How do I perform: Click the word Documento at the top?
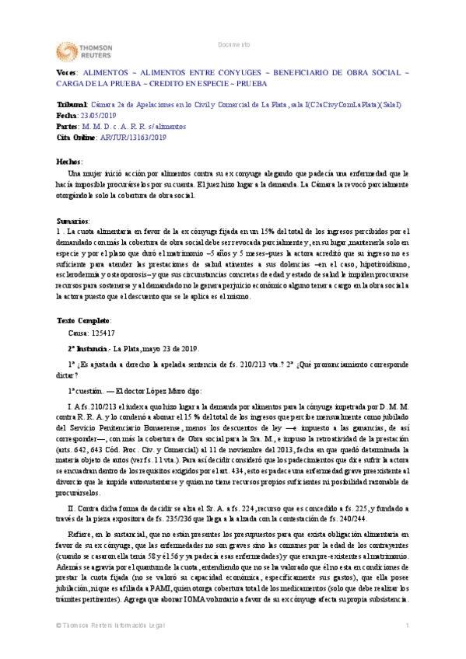(x=233, y=44)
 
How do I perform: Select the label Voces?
(x=67, y=71)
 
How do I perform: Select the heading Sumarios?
(x=73, y=221)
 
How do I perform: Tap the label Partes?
(x=68, y=126)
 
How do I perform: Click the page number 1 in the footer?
(x=408, y=647)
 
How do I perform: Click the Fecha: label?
(x=68, y=115)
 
